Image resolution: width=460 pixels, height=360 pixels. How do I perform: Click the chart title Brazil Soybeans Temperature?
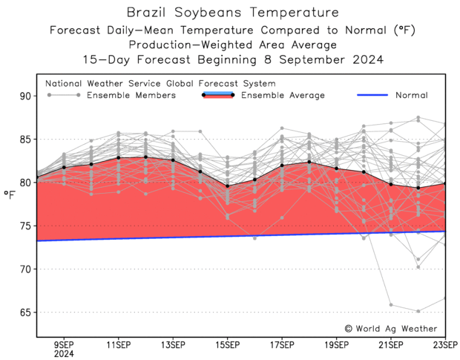point(233,13)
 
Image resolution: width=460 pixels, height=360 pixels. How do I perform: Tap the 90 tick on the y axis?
point(26,96)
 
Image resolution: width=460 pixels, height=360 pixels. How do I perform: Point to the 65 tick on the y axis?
point(26,312)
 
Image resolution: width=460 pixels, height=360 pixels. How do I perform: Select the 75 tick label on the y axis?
point(26,226)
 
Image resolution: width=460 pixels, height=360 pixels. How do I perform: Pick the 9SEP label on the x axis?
point(63,344)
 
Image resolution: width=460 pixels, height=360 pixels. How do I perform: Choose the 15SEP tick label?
point(227,344)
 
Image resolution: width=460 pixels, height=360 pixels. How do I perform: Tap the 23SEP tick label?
point(446,344)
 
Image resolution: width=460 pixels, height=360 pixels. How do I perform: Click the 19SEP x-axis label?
point(337,344)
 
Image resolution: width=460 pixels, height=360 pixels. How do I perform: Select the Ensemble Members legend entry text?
point(131,95)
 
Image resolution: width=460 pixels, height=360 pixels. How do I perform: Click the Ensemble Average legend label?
point(283,95)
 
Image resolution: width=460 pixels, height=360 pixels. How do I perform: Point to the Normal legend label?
point(411,95)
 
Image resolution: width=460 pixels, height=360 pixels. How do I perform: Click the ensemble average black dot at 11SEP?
point(118,157)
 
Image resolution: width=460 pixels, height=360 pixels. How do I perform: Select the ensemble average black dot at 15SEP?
point(227,186)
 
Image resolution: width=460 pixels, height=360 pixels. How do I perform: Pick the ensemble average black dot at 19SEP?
point(337,168)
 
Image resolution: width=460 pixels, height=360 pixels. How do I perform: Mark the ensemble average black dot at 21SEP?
point(391,184)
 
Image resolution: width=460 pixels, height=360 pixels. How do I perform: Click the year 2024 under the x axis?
point(63,354)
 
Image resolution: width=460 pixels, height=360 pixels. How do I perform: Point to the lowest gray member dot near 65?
point(418,311)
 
